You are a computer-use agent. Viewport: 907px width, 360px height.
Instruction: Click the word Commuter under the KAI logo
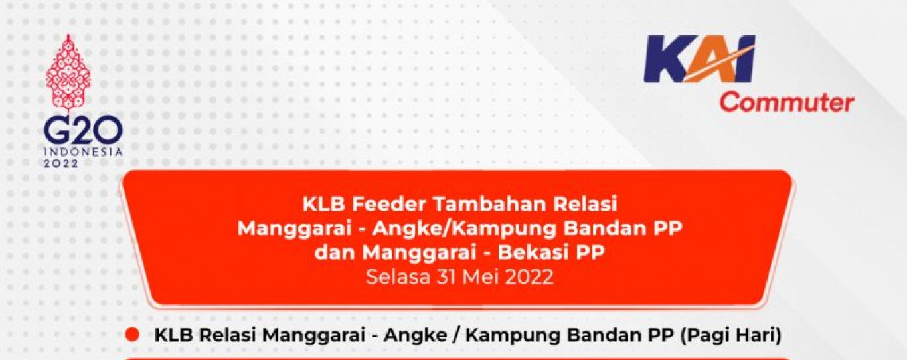(x=787, y=103)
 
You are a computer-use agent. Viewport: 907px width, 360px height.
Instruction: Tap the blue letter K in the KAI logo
(x=668, y=59)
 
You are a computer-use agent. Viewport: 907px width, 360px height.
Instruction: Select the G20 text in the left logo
(x=83, y=132)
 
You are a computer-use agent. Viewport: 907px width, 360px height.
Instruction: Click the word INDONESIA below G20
(x=83, y=152)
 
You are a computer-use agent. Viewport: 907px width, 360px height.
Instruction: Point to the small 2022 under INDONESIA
(x=61, y=163)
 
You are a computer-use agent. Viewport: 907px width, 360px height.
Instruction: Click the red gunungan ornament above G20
(x=68, y=73)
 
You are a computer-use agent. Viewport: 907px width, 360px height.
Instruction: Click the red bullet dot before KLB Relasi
(x=131, y=335)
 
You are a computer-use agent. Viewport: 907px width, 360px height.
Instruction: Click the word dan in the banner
(x=335, y=252)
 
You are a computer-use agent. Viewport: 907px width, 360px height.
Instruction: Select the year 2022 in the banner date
(x=529, y=277)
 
